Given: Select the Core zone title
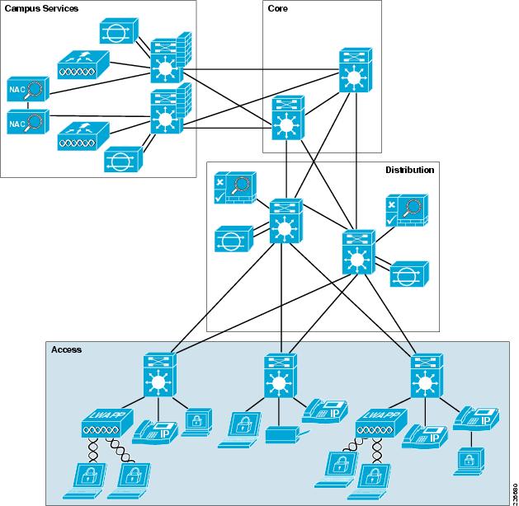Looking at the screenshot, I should click(278, 8).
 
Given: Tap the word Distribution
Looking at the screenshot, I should click(409, 170).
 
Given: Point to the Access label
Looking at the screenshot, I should click(67, 349).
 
